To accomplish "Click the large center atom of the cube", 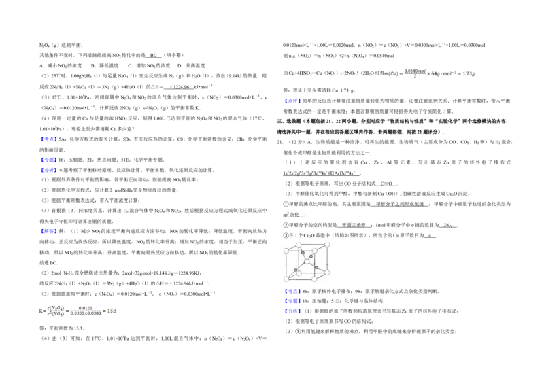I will pos(307,261).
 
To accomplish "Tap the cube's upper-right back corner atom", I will pos(327,244).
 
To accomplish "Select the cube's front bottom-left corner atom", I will pos(287,278).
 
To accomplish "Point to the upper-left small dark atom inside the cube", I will pos(303,253).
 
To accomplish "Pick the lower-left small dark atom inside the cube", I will pos(295,270).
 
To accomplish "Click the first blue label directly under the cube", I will pos(292,292).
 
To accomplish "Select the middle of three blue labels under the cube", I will pos(292,301).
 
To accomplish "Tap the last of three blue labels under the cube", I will pos(292,311).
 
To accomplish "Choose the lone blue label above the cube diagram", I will pos(292,101).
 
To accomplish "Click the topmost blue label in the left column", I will pos(49,139).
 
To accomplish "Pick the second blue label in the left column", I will pos(49,160).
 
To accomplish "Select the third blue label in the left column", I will pos(49,170).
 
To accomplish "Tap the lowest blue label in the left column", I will pos(49,231).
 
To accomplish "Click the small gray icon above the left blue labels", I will pos(146,109).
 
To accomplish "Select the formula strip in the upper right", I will pos(430,73).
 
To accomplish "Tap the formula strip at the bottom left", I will pos(79,312).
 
